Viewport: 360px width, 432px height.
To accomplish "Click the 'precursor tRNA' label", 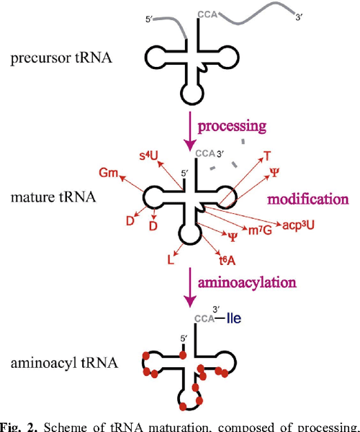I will click(x=62, y=58).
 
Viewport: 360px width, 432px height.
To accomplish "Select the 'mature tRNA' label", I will click(x=54, y=196).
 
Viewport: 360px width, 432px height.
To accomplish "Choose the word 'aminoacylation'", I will click(x=249, y=278).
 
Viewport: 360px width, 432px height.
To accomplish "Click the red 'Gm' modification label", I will click(x=109, y=174).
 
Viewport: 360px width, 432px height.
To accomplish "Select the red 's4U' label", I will click(x=148, y=155).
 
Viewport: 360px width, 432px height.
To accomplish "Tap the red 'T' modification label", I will click(x=267, y=156).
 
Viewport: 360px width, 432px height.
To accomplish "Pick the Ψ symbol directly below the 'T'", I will click(x=274, y=172).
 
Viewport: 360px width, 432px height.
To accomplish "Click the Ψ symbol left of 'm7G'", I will click(x=232, y=236).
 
